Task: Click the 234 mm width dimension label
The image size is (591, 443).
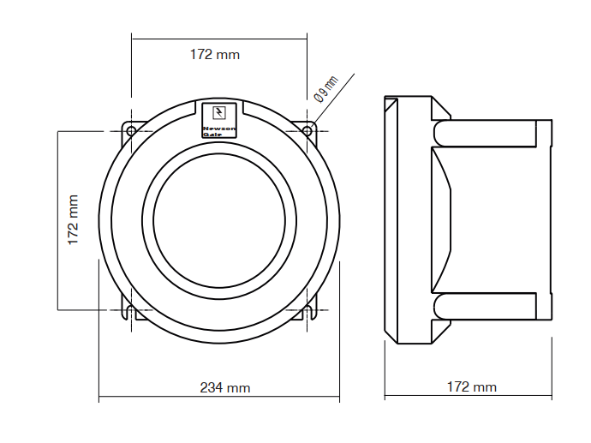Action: (225, 387)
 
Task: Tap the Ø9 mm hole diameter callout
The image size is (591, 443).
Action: (326, 89)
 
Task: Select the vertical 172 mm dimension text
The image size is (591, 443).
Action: (73, 220)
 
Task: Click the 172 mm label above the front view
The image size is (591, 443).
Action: (215, 55)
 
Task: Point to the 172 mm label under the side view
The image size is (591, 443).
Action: (472, 386)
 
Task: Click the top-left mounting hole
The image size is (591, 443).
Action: (131, 131)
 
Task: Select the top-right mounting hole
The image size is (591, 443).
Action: (307, 131)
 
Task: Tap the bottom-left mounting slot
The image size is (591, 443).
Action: (129, 311)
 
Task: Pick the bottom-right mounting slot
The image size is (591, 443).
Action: (309, 311)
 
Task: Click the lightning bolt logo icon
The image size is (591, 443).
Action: (219, 113)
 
